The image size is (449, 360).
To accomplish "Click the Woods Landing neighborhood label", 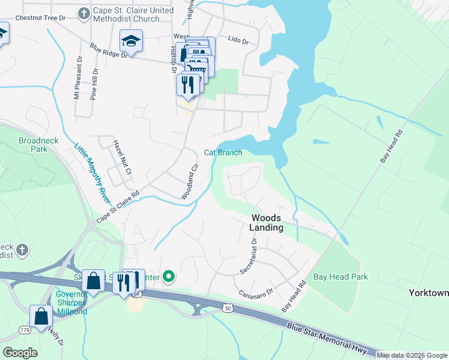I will [x=267, y=223].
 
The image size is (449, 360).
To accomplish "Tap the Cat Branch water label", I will [x=223, y=152].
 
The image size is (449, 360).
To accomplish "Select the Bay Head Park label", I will [x=340, y=277].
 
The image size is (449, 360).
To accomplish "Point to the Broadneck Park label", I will [x=32, y=144].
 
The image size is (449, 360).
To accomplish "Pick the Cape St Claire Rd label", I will [x=118, y=207].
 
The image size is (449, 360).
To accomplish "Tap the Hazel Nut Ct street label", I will [x=122, y=158].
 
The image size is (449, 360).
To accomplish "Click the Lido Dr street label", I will [x=238, y=40].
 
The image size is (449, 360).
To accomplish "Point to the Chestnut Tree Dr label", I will [x=40, y=18].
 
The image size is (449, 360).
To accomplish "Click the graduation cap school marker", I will [x=131, y=41].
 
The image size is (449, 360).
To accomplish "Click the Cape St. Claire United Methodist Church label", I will [x=126, y=14].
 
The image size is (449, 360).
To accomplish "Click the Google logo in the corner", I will [x=20, y=352].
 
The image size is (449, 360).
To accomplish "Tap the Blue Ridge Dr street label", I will [x=109, y=50].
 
